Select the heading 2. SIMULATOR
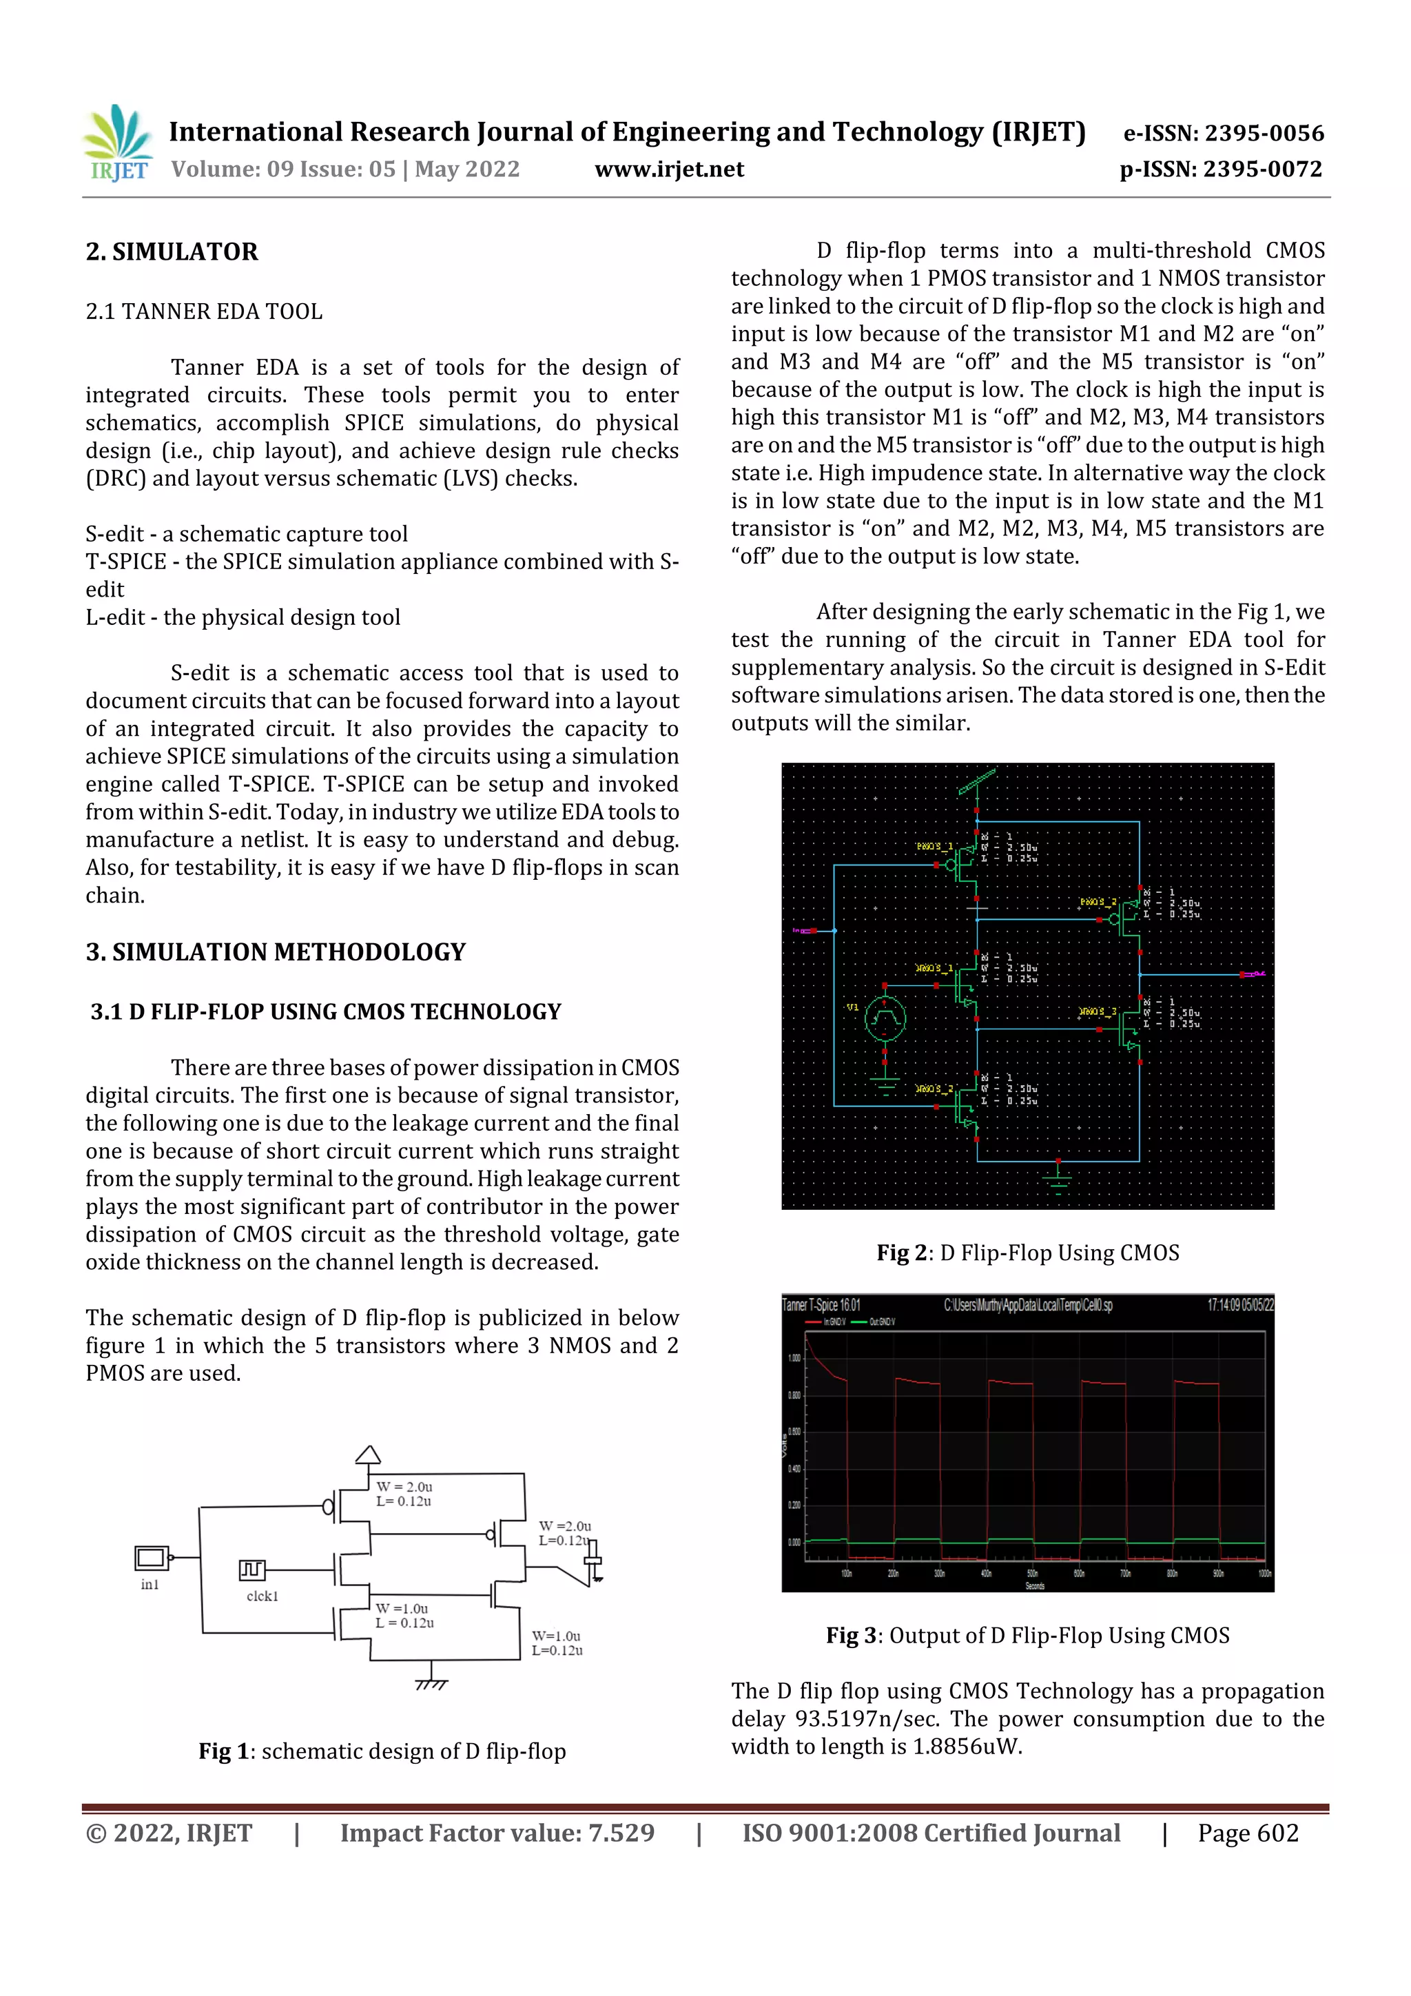point(172,252)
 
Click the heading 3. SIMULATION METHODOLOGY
point(276,952)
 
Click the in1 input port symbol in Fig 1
point(152,1558)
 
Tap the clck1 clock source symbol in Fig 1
point(252,1570)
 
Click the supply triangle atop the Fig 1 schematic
point(368,1455)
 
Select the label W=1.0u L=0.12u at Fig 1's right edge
point(557,1643)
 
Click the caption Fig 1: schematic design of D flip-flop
point(382,1751)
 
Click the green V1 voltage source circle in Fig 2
point(885,1019)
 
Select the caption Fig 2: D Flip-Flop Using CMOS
point(1028,1253)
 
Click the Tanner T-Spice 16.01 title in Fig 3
point(821,1305)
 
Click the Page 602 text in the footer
point(1248,1833)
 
